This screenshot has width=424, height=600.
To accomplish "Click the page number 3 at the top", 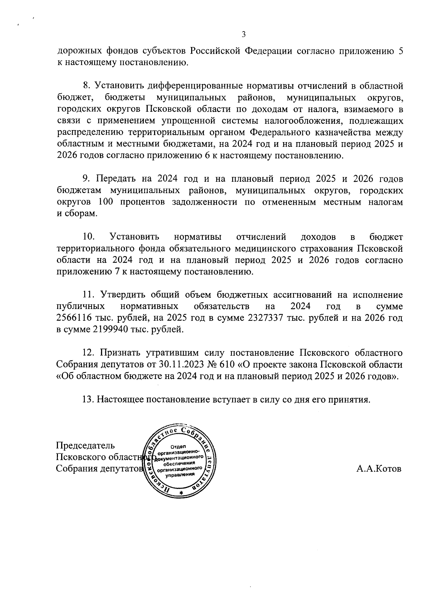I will (x=243, y=34).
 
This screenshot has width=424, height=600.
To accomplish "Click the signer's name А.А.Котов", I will (x=379, y=469).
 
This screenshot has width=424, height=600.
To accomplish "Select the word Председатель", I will (x=86, y=445).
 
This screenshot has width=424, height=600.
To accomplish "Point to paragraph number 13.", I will (x=87, y=400).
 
